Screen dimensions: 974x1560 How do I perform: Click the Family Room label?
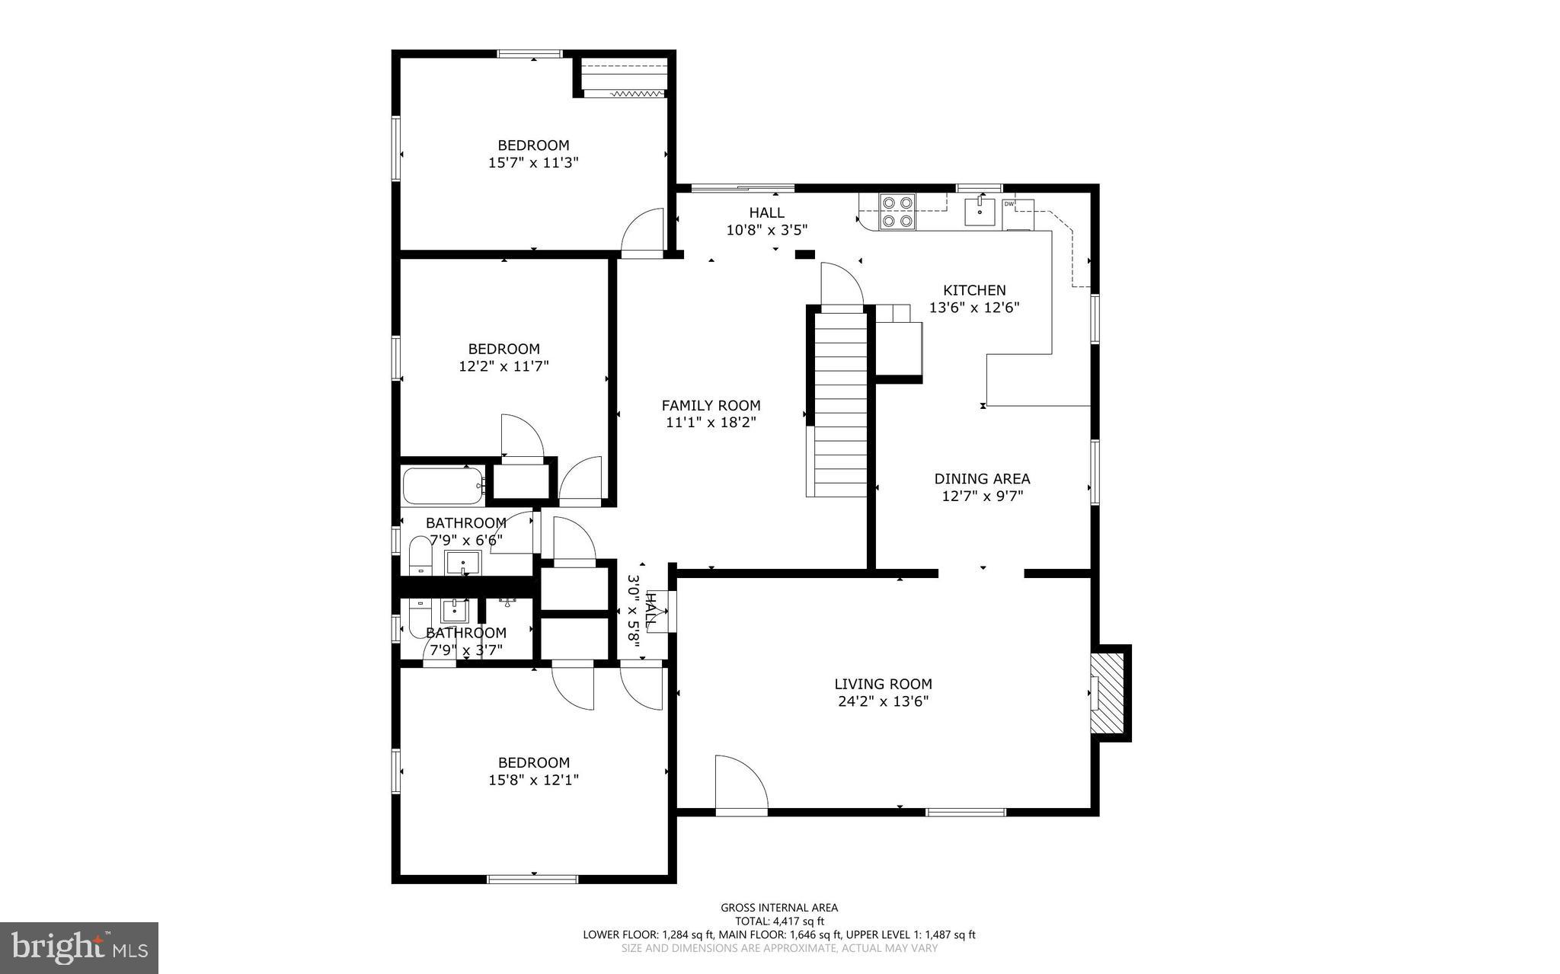711,406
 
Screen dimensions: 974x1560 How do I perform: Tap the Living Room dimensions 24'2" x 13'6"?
883,701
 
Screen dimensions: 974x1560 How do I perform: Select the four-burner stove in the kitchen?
897,212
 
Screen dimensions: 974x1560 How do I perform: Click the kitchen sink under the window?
979,212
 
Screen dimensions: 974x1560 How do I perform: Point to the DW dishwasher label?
1009,204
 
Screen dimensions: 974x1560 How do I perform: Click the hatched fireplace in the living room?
1108,693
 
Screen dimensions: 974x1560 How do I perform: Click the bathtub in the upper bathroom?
443,486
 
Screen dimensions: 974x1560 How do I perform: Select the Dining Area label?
982,479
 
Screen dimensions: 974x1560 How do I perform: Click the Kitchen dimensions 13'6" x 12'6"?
974,308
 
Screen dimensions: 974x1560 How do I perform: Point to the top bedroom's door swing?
642,232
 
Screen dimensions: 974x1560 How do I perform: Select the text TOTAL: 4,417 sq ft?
779,921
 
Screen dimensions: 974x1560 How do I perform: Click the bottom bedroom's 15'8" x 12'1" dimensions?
533,780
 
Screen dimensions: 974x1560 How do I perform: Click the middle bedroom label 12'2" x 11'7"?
503,366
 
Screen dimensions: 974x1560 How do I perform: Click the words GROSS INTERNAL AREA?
779,907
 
